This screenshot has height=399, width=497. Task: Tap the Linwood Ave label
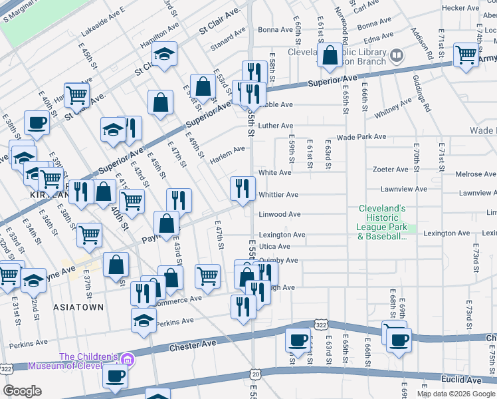pyautogui.click(x=277, y=215)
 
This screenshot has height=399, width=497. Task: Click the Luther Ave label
pyautogui.click(x=276, y=126)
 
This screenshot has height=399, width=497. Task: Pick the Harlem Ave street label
pyautogui.click(x=228, y=152)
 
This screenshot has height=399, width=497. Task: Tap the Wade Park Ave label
pyautogui.click(x=361, y=137)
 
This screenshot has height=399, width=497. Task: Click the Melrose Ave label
pyautogui.click(x=475, y=174)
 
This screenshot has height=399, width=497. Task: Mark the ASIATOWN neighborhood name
pyautogui.click(x=79, y=307)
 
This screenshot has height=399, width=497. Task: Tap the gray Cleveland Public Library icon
pyautogui.click(x=397, y=54)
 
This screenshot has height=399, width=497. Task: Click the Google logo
pyautogui.click(x=22, y=390)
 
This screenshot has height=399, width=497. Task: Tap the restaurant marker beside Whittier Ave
pyautogui.click(x=243, y=188)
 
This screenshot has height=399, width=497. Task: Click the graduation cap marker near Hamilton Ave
pyautogui.click(x=163, y=54)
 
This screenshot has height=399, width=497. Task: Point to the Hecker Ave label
pyautogui.click(x=460, y=8)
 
